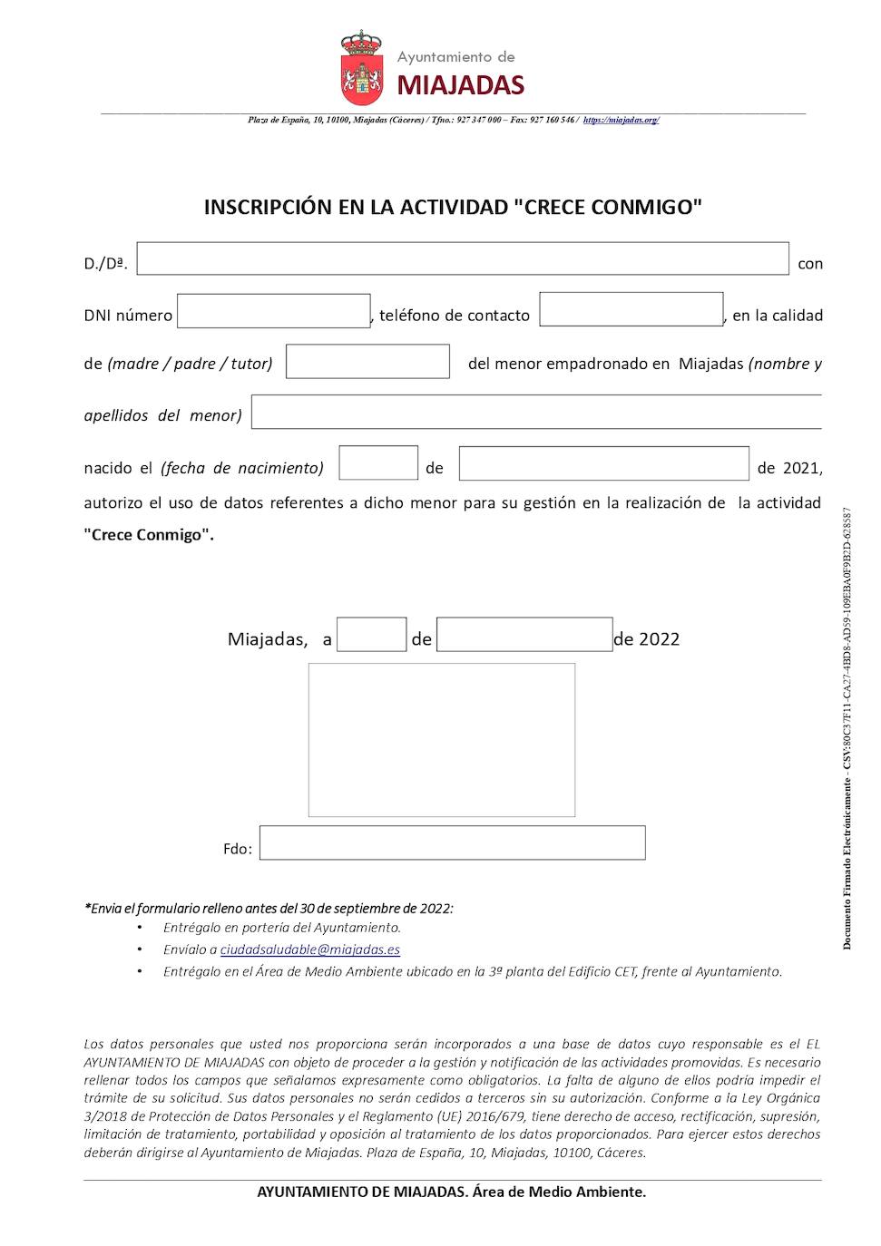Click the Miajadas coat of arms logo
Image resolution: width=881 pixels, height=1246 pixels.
pyautogui.click(x=361, y=69)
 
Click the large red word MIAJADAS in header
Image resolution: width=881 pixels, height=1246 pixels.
pyautogui.click(x=461, y=86)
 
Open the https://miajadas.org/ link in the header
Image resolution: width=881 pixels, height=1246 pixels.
pyautogui.click(x=621, y=120)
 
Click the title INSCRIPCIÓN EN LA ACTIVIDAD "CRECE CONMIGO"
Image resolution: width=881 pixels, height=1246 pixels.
pyautogui.click(x=453, y=207)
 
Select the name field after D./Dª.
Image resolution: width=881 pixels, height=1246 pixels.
pyautogui.click(x=463, y=258)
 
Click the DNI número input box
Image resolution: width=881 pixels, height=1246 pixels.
pyautogui.click(x=274, y=311)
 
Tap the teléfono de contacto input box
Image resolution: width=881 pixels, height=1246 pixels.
pyautogui.click(x=631, y=309)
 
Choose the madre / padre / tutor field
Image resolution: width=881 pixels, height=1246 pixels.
pyautogui.click(x=367, y=361)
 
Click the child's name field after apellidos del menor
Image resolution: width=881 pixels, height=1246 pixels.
pyautogui.click(x=536, y=412)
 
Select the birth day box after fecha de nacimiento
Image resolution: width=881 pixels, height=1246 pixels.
pyautogui.click(x=378, y=462)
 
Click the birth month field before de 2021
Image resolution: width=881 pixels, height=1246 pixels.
pyautogui.click(x=603, y=463)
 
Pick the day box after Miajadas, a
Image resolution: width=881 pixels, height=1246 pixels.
pyautogui.click(x=372, y=635)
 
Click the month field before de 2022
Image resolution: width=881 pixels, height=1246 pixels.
pyautogui.click(x=524, y=635)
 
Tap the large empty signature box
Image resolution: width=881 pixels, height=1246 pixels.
pyautogui.click(x=442, y=740)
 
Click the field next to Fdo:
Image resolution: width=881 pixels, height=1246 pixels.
pyautogui.click(x=452, y=842)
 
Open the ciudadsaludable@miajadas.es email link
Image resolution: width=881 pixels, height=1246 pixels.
pyautogui.click(x=310, y=949)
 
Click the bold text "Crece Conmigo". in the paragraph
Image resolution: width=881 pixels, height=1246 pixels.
pyautogui.click(x=149, y=534)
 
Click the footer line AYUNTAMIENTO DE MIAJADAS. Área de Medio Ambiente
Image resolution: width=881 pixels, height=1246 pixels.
pyautogui.click(x=452, y=1192)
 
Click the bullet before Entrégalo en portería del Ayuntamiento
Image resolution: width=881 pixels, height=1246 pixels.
pyautogui.click(x=140, y=928)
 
